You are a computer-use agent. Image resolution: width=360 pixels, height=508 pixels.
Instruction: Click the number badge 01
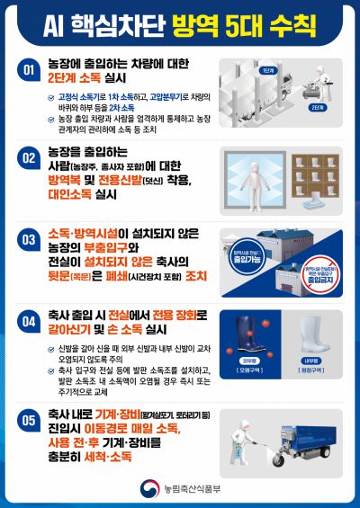[x=27, y=69]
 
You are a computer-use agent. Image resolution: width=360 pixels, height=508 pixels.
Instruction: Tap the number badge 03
[x=27, y=238]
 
